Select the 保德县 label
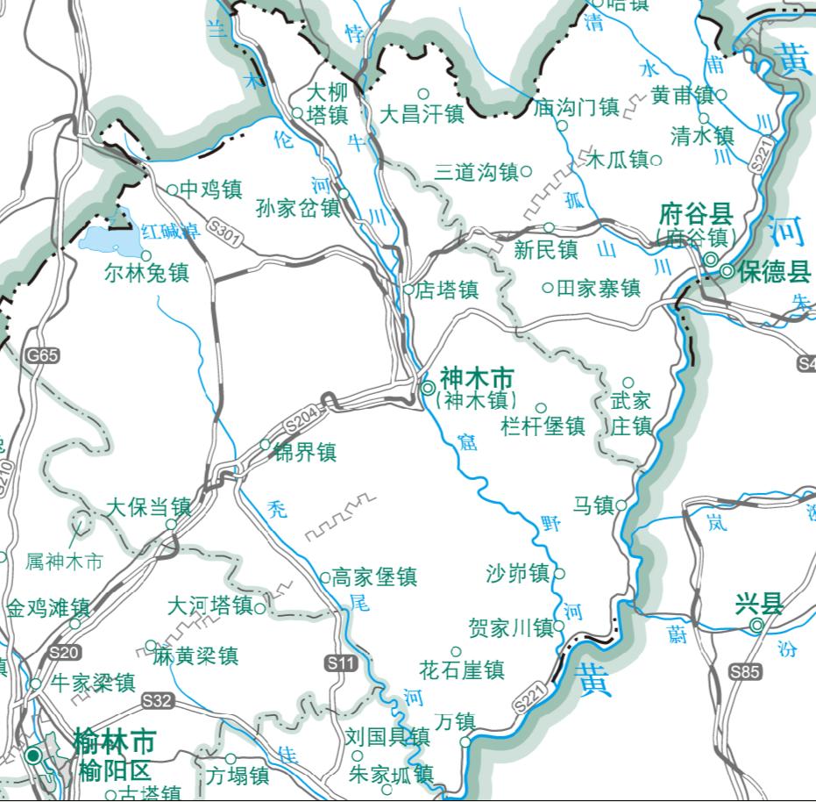775,271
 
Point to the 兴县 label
759,604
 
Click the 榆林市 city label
115,742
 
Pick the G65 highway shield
42,355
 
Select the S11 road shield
342,664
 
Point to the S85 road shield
745,672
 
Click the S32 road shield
158,700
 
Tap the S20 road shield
65,652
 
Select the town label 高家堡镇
375,577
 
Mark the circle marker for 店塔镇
408,289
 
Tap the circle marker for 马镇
621,505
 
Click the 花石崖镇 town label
462,671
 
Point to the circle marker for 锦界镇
265,445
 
